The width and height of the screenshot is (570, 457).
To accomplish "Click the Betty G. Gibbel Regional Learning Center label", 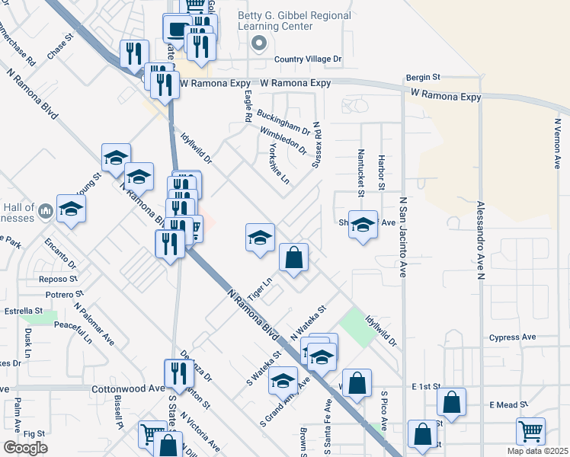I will [x=295, y=21].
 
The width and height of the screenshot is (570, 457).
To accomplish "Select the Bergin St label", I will [x=424, y=77].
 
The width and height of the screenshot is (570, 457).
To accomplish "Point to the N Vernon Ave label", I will [x=559, y=142].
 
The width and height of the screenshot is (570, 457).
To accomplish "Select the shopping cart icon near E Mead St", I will [x=530, y=431].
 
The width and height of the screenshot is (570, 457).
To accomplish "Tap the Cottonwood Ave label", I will [x=128, y=388].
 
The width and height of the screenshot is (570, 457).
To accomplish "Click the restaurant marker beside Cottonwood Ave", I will [x=175, y=373].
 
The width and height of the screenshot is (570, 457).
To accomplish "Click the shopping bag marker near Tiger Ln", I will [x=293, y=257].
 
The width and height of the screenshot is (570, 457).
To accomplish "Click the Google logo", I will [x=25, y=447].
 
